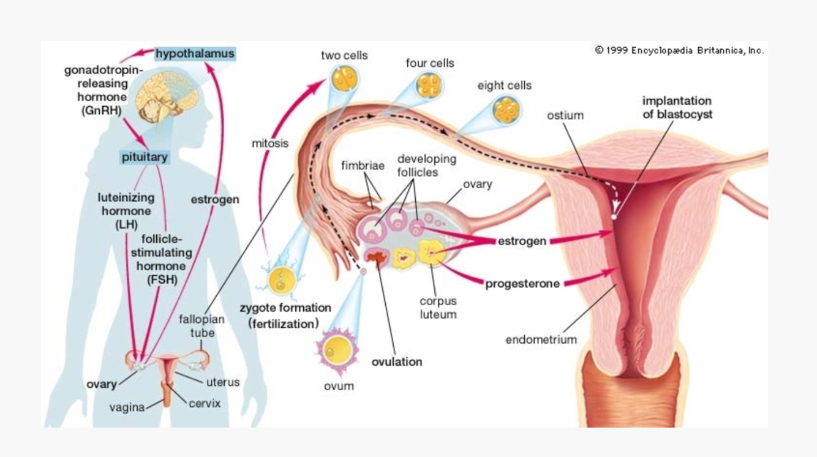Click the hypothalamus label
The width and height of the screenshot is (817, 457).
pyautogui.click(x=195, y=54)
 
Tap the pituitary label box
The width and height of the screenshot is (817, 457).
pyautogui.click(x=145, y=157)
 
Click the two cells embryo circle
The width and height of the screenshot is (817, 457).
pyautogui.click(x=344, y=79)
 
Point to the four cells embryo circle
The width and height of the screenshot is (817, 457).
pyautogui.click(x=430, y=86)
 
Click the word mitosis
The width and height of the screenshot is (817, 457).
pyautogui.click(x=269, y=143)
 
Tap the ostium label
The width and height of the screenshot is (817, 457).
pyautogui.click(x=565, y=115)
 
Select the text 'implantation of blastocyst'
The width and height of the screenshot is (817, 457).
pyautogui.click(x=677, y=107)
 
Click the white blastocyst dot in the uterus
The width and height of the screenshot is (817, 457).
pyautogui.click(x=614, y=216)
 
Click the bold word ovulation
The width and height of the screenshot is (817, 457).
pyautogui.click(x=397, y=361)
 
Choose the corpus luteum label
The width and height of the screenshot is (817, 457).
pyautogui.click(x=438, y=308)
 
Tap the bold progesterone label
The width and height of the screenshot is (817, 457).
pyautogui.click(x=522, y=284)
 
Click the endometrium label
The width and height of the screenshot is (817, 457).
pyautogui.click(x=541, y=339)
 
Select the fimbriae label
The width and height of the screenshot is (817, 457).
pyautogui.click(x=363, y=165)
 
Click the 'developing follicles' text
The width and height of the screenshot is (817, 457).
pyautogui.click(x=427, y=165)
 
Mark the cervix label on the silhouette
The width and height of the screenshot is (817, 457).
pyautogui.click(x=204, y=403)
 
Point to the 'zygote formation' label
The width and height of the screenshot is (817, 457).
pyautogui.click(x=285, y=308)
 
